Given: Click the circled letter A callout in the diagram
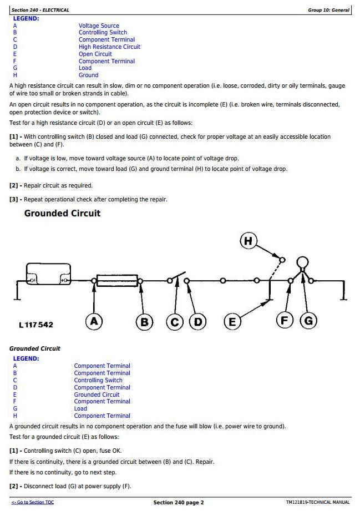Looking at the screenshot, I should tap(94, 321).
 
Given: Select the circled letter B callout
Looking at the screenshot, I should tap(144, 322).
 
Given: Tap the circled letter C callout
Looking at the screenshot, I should tap(175, 322).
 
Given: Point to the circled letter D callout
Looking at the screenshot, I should tap(197, 322).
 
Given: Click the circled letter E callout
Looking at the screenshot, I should tap(232, 322).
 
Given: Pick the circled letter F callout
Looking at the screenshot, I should tap(285, 320).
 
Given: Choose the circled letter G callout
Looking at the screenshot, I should tap(308, 320).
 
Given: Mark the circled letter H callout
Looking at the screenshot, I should tap(248, 241).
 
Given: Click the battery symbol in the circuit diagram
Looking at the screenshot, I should tap(49, 274).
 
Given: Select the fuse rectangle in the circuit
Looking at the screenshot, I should tap(117, 281).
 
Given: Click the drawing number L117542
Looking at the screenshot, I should tap(36, 325).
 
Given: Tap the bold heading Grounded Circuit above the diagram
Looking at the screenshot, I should tap(62, 214).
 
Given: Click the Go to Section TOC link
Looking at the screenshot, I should tap(33, 503).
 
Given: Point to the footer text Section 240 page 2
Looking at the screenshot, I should tap(179, 503).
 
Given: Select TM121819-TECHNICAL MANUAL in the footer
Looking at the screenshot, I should tap(318, 503).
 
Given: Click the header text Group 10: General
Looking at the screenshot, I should tap(328, 10).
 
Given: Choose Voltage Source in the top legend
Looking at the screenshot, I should tap(99, 26).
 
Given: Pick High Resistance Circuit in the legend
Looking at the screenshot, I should tap(109, 47).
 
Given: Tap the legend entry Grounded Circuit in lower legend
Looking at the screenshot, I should tap(97, 394).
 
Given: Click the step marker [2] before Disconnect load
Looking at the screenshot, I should tap(15, 486).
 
